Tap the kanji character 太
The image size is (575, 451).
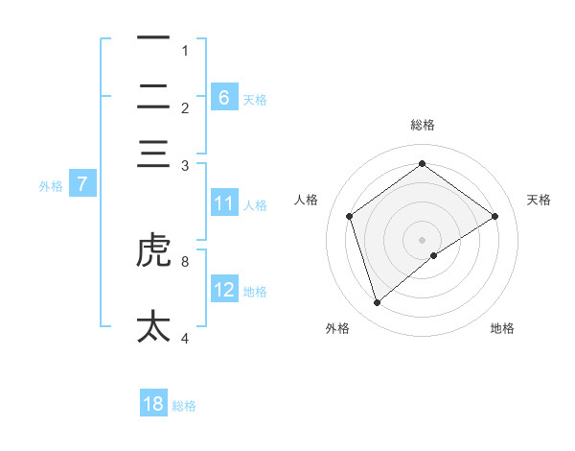tap(153, 325)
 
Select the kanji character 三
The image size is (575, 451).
tap(153, 154)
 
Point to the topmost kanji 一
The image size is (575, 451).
tap(153, 38)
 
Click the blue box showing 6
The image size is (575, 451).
tap(224, 97)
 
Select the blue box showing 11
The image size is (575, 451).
tap(224, 203)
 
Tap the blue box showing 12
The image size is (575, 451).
tap(224, 290)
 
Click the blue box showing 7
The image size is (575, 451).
tap(82, 184)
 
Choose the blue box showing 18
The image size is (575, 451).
tap(153, 404)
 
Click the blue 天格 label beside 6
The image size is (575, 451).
tap(255, 99)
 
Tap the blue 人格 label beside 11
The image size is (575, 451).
tap(255, 204)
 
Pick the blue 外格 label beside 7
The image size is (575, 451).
tap(51, 185)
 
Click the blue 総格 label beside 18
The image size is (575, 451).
tap(184, 406)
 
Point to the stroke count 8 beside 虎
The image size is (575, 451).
tap(185, 260)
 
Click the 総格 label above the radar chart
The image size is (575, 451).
tap(422, 125)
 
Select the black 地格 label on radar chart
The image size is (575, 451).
tap(502, 328)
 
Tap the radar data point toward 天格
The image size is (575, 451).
tap(494, 216)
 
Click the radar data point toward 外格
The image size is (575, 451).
tap(377, 303)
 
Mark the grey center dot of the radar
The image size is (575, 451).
tap(422, 239)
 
